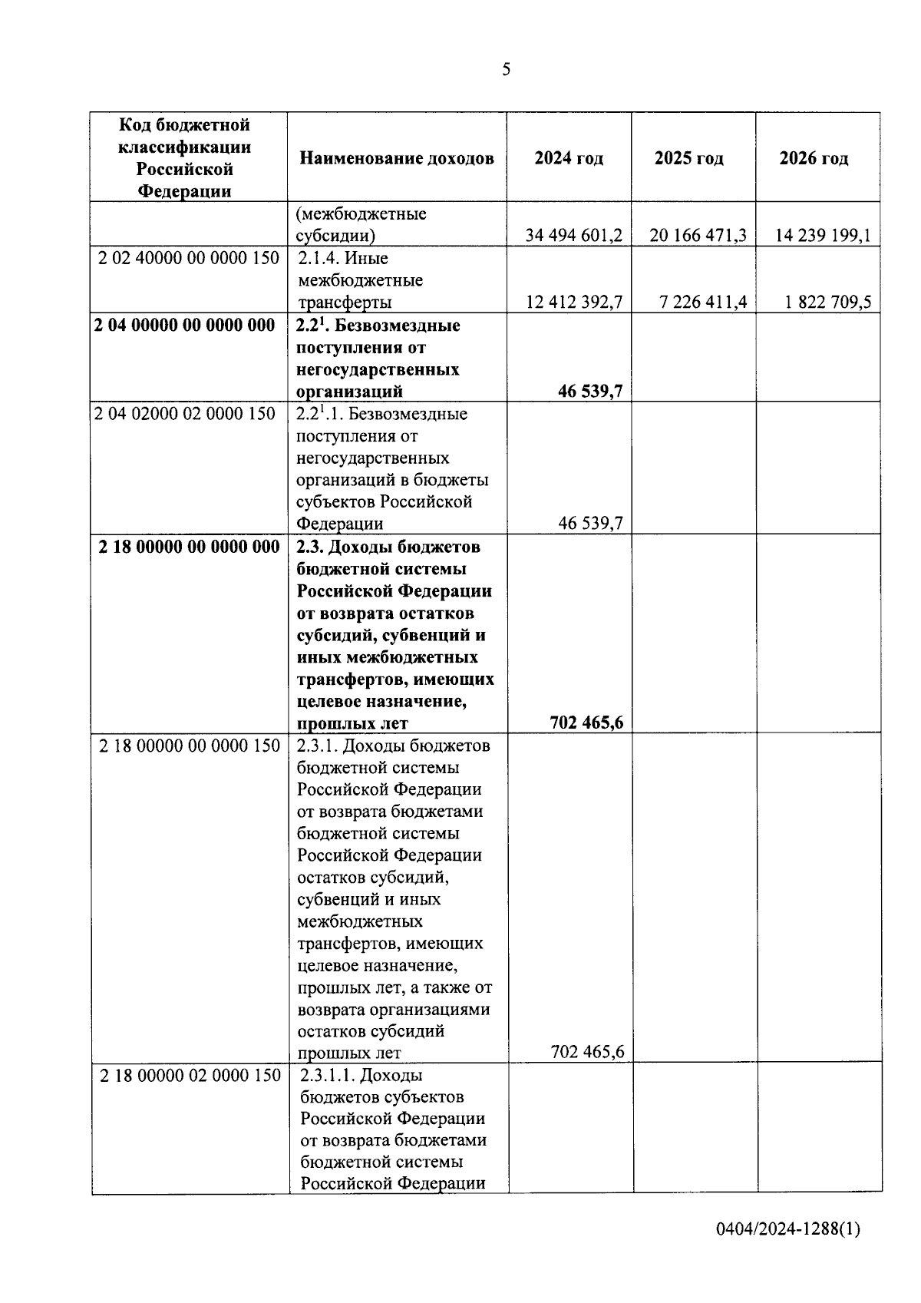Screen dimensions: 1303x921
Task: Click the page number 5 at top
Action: pos(506,70)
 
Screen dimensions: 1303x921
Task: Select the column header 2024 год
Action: pos(569,158)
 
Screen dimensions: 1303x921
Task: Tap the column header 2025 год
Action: pos(689,158)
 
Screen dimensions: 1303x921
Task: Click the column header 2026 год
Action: pos(814,158)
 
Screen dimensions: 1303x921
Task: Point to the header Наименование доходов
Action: pos(397,158)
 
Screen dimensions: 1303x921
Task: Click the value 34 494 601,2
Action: pos(573,235)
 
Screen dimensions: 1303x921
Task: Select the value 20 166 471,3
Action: pos(698,235)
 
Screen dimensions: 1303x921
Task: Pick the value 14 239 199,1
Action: pos(823,235)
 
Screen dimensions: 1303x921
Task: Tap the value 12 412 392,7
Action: pos(573,303)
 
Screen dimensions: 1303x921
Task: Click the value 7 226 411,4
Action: pos(703,303)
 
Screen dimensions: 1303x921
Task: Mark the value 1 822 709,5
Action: pos(827,303)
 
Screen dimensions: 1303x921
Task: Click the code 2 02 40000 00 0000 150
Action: pos(189,258)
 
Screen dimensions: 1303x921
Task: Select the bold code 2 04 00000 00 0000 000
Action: pos(184,326)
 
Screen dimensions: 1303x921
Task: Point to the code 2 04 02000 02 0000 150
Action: pos(184,414)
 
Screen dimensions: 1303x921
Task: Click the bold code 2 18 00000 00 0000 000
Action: pos(190,547)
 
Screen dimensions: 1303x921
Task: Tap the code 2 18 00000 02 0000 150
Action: pos(190,1076)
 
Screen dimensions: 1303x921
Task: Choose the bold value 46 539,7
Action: pos(590,392)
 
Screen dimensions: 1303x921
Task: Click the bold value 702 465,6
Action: pos(586,723)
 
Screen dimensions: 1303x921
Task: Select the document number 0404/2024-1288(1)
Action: pos(787,1229)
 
